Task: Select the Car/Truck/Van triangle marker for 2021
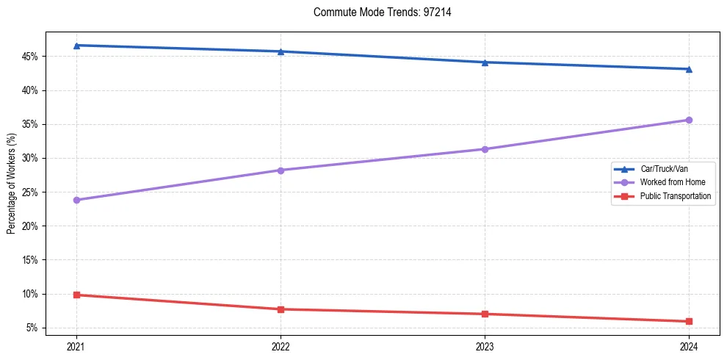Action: [x=76, y=46]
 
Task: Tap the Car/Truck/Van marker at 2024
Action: [x=689, y=69]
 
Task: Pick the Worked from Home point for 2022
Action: [x=281, y=170]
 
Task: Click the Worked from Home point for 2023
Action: [x=485, y=149]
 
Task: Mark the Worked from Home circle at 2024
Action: [x=689, y=120]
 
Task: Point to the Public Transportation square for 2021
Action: [x=76, y=295]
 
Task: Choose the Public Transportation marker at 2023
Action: [x=485, y=314]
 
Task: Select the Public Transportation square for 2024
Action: [x=689, y=321]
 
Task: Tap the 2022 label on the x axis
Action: [x=281, y=345]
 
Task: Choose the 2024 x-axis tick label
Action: [x=689, y=345]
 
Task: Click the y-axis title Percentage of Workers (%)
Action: [x=11, y=184]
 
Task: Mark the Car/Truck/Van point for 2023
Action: [x=485, y=62]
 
